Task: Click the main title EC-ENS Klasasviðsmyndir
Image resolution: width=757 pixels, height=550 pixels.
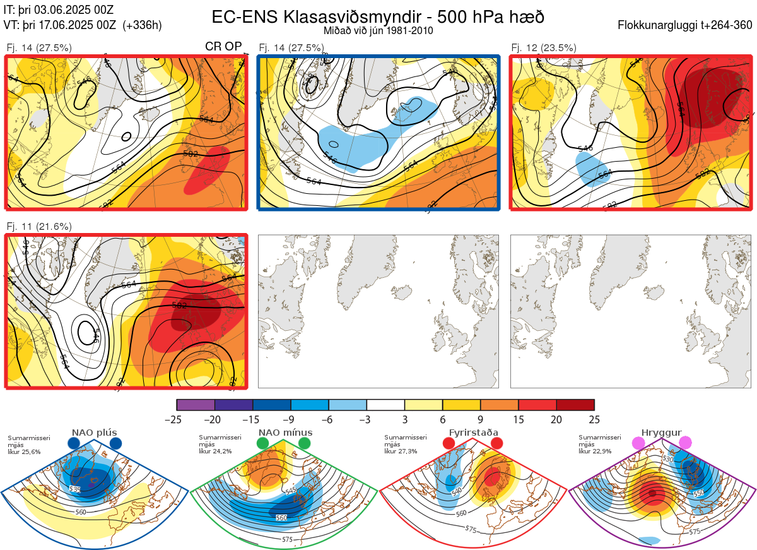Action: coord(378,16)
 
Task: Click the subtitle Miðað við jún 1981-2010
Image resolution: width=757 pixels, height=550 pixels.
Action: coord(378,30)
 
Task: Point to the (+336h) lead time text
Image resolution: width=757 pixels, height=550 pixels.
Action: coord(143,25)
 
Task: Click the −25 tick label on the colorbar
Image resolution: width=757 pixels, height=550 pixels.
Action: coord(172,419)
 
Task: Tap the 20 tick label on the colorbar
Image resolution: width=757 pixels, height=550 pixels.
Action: coord(556,419)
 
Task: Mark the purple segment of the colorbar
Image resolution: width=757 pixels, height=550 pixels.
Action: coord(196,405)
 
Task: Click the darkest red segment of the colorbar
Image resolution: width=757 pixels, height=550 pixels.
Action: coord(575,405)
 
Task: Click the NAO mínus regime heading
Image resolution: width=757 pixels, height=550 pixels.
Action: coord(285,433)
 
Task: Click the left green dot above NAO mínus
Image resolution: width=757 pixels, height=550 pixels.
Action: coord(262,443)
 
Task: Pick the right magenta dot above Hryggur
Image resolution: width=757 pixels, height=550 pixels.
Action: coord(685,443)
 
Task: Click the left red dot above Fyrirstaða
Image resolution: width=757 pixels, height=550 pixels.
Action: coord(449,443)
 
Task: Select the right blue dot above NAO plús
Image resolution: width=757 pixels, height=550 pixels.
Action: coord(115,443)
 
